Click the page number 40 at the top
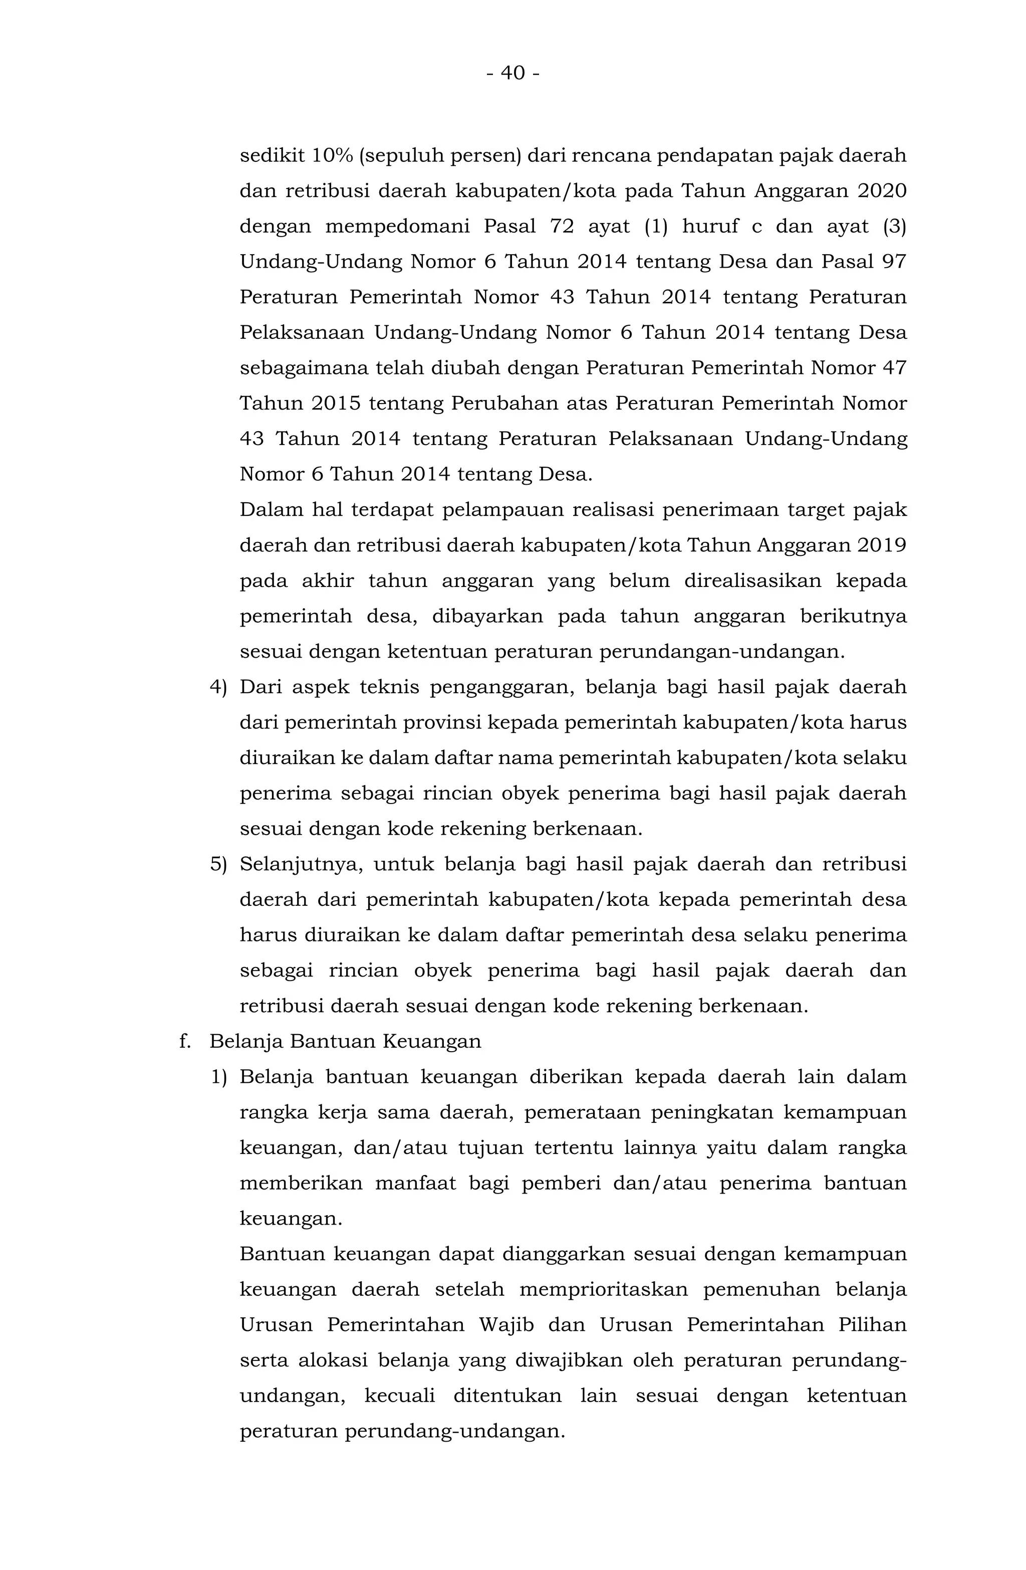(x=513, y=73)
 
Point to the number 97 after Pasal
(x=894, y=262)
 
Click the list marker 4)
(x=218, y=687)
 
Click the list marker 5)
(x=218, y=864)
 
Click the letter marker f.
(x=185, y=1042)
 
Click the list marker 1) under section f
(x=218, y=1077)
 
